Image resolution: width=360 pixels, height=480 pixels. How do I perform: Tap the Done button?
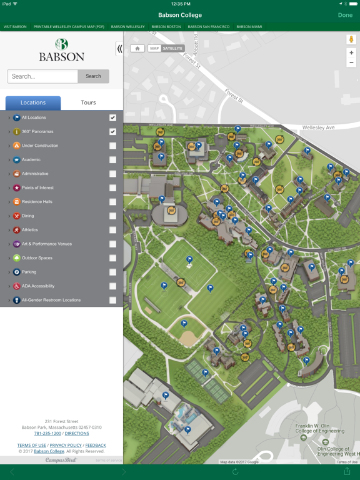[345, 15]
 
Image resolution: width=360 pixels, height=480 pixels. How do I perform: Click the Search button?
[93, 76]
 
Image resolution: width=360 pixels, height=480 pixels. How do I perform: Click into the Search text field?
[42, 76]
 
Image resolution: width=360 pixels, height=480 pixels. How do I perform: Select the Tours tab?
[88, 102]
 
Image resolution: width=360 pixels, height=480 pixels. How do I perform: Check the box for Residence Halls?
[112, 202]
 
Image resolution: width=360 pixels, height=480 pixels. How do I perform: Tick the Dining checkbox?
[112, 216]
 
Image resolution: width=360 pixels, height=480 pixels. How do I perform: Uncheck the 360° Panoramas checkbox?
[112, 132]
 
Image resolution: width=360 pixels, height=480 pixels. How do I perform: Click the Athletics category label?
[30, 230]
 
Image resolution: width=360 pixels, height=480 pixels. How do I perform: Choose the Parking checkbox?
[112, 272]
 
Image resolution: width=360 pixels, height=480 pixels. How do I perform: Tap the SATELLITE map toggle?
[172, 48]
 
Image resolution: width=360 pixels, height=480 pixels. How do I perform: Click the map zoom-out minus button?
[351, 62]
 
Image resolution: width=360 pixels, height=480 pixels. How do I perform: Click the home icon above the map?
[137, 48]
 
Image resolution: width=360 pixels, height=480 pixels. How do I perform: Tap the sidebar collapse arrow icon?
[119, 49]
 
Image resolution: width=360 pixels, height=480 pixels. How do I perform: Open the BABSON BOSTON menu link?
[166, 27]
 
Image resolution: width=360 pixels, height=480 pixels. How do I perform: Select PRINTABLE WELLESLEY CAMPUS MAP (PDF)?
[69, 27]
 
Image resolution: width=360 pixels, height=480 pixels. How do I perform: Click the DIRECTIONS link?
[77, 433]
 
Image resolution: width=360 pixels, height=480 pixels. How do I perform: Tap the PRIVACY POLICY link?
[66, 445]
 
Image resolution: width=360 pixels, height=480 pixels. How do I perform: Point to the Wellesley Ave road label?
[319, 127]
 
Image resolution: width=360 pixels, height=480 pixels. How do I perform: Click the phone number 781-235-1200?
[47, 433]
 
